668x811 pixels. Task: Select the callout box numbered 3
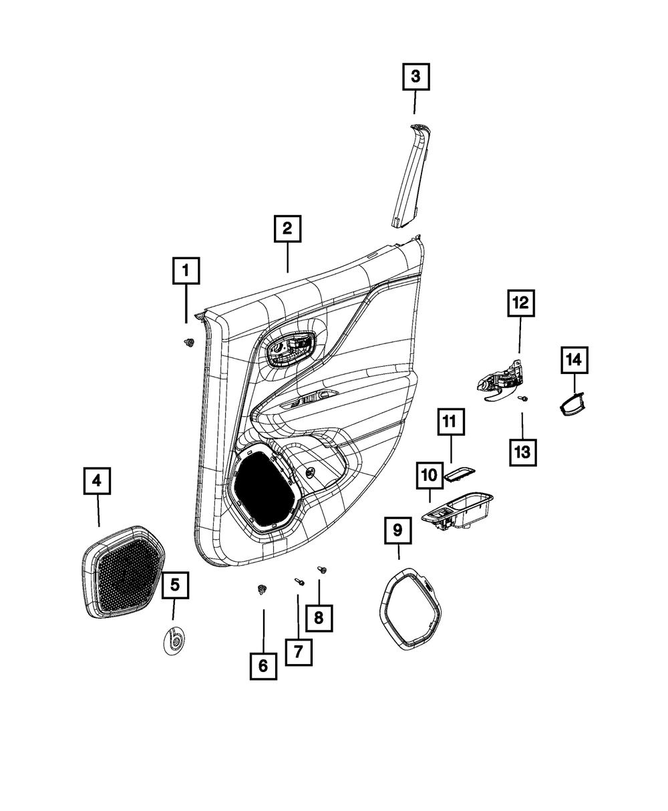[415, 77]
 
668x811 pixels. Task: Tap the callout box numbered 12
[520, 302]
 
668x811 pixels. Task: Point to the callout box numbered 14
[574, 359]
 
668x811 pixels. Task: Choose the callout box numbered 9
[397, 530]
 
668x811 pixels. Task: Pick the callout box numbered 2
[287, 228]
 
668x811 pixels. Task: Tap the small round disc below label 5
[175, 642]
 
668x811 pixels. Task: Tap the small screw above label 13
[524, 398]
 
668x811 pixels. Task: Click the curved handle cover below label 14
[572, 404]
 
